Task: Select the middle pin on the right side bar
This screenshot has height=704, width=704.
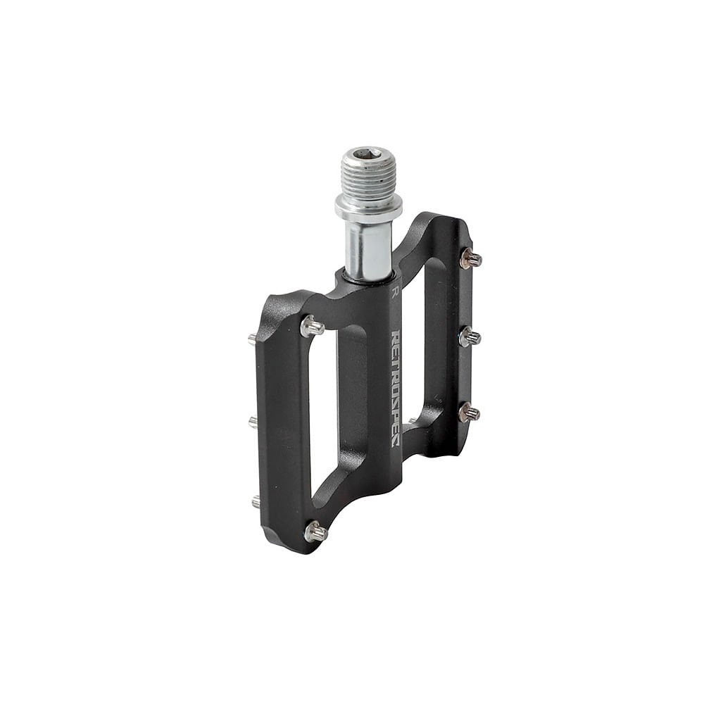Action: [470, 336]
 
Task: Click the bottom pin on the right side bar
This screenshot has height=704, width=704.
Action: [470, 412]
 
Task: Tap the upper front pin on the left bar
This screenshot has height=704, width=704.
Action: [312, 325]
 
